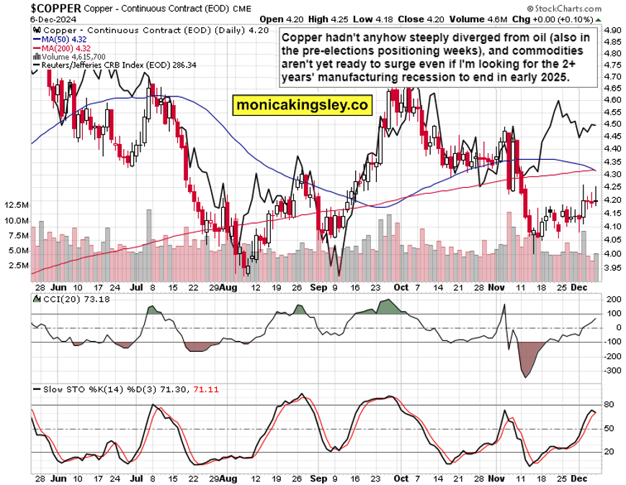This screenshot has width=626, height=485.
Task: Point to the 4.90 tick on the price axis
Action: [613, 30]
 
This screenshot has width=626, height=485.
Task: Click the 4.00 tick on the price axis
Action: [613, 253]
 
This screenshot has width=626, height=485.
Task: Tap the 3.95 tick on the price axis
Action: [613, 266]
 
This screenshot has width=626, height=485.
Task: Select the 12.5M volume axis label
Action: [17, 205]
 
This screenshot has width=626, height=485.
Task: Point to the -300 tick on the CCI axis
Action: [613, 371]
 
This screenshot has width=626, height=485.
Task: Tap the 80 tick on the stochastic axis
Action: [609, 405]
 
